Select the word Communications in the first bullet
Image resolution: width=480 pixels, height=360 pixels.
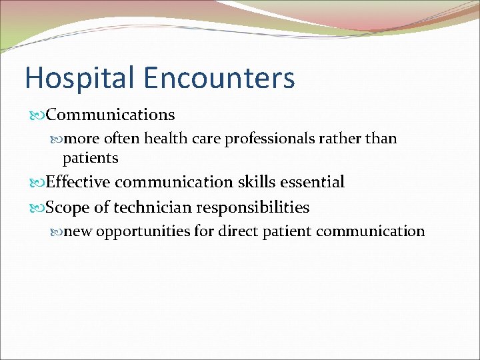click(111, 115)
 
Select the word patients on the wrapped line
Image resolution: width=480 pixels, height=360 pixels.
click(90, 158)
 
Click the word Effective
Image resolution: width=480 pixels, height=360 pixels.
click(81, 182)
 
